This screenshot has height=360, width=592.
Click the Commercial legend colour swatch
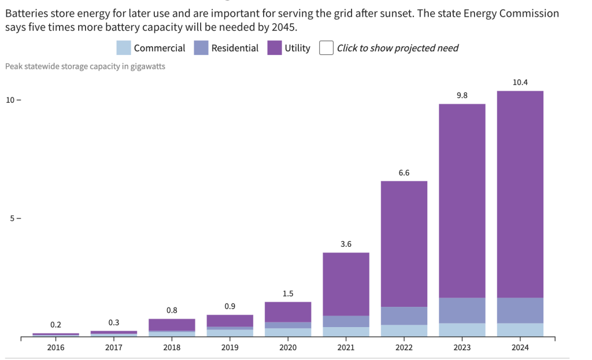pos(124,48)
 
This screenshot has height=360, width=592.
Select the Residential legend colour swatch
pos(201,48)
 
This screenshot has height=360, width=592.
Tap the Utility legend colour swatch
pos(275,48)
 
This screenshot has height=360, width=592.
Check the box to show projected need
pos(327,48)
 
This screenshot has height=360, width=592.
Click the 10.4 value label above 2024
pos(520,83)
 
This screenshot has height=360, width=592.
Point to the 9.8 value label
pos(462,95)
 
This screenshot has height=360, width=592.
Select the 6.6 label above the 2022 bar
pos(404,173)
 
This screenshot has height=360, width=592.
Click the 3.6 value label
pos(346,244)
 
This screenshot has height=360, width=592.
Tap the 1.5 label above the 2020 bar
pos(288,294)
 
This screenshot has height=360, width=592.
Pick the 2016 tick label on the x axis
pos(55,347)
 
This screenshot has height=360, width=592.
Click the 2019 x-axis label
pos(230,347)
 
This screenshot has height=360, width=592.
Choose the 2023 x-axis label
pos(462,347)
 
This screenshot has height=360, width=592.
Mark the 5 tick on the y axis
pos(12,218)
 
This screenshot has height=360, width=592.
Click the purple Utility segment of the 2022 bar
pos(404,243)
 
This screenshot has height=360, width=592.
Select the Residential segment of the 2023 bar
pos(462,310)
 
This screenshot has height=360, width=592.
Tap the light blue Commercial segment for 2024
pos(520,330)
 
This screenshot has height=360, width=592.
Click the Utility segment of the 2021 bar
pos(346,283)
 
